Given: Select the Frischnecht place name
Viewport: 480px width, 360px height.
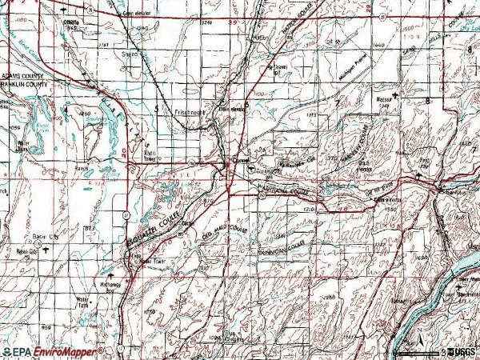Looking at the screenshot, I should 190,113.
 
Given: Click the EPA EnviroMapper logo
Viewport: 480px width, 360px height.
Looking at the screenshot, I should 53,351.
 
